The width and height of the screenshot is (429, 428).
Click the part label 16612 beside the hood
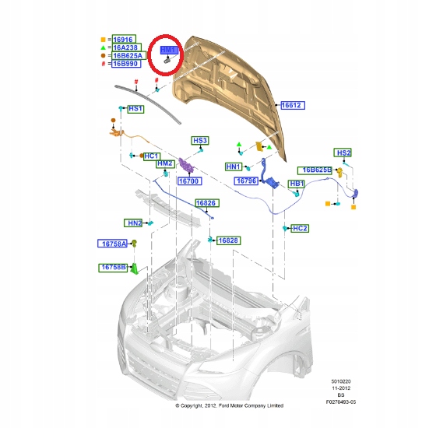pyautogui.click(x=291, y=104)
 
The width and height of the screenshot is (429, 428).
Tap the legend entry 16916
pyautogui.click(x=123, y=38)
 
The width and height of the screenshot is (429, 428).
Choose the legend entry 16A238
pyautogui.click(x=125, y=47)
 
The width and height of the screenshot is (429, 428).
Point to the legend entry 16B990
pyautogui.click(x=125, y=64)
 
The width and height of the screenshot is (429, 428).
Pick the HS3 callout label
pyautogui.click(x=200, y=141)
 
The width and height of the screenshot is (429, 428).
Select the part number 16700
pyautogui.click(x=190, y=181)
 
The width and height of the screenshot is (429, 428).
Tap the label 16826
pyautogui.click(x=206, y=203)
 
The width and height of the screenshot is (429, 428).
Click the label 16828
pyautogui.click(x=228, y=240)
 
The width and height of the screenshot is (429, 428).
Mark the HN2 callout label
pyautogui.click(x=135, y=223)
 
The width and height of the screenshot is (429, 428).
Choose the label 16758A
pyautogui.click(x=113, y=244)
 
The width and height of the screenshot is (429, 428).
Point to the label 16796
pyautogui.click(x=247, y=180)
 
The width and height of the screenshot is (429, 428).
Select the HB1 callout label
pyautogui.click(x=297, y=184)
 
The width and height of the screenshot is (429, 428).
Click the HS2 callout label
pyautogui.click(x=343, y=153)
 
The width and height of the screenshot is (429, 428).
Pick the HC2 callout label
pyautogui.click(x=300, y=229)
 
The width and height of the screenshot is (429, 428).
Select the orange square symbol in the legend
pyautogui.click(x=102, y=38)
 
